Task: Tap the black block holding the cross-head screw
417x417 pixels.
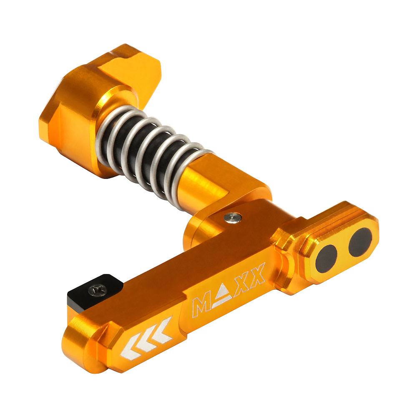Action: click(83, 292)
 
